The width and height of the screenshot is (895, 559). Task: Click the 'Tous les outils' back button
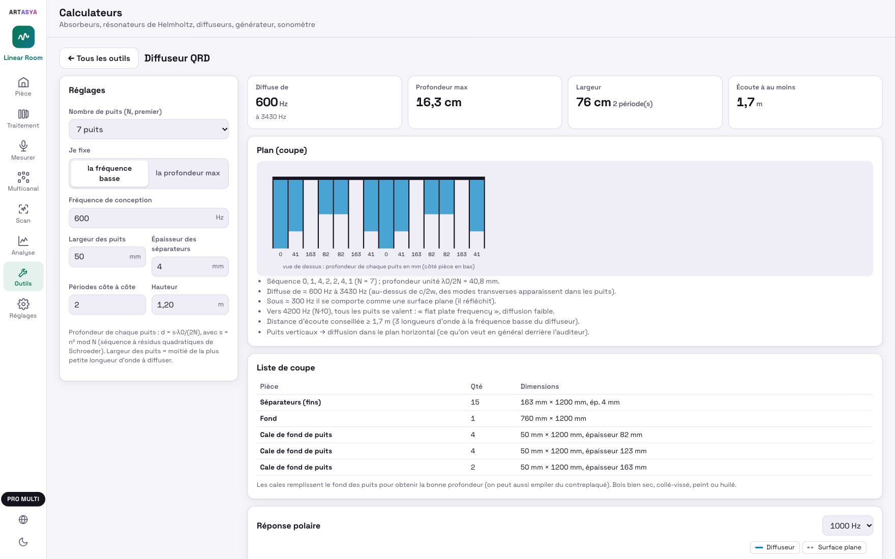99,58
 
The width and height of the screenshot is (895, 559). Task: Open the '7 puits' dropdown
148,129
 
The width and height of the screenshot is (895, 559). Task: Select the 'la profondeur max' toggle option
188,173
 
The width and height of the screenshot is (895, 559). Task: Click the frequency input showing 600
148,218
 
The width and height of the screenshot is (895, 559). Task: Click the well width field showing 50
107,257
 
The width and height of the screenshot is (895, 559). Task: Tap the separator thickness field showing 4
190,266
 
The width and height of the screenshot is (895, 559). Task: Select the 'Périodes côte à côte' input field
107,305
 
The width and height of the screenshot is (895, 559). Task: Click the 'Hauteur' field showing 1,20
190,305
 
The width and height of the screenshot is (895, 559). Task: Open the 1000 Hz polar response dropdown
847,525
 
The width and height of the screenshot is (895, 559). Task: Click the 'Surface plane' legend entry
834,547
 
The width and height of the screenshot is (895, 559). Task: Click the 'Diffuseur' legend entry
774,547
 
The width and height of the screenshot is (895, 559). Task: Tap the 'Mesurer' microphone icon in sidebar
23,146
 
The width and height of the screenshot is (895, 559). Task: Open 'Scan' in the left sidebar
23,213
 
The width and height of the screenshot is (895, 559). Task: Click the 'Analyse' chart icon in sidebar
23,241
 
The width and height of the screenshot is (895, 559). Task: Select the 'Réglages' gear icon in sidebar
23,304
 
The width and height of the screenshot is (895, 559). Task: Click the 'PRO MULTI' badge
23,499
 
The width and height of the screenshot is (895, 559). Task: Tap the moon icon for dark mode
23,542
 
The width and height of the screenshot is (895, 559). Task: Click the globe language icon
23,519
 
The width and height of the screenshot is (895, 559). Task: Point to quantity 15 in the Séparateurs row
475,402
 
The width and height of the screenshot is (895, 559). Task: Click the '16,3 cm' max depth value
438,102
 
